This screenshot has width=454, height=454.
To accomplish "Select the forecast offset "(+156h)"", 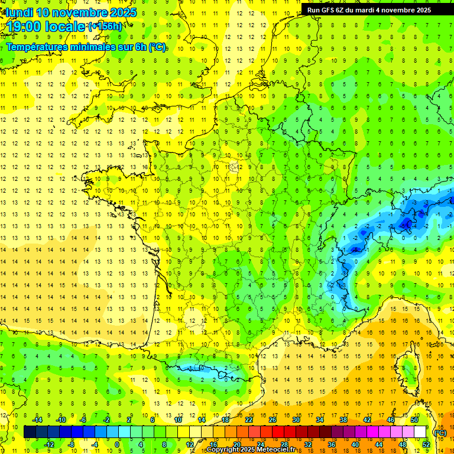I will point(105,27).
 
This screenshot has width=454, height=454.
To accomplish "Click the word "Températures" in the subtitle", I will point(35,47).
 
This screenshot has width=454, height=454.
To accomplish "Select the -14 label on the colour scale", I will point(37,420).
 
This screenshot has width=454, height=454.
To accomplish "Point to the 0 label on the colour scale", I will point(117,444).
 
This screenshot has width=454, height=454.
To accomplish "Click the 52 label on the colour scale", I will point(426,444).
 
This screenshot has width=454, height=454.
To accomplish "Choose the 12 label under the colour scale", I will point(190,444).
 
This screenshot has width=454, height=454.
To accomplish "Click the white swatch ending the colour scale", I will point(420,432).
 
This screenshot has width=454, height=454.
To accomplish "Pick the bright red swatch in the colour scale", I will point(278,432).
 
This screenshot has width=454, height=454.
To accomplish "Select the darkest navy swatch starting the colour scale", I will point(30,432).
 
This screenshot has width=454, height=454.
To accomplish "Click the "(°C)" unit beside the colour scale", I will point(440,432).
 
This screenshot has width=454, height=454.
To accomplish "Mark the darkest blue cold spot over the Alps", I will point(406,223).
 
